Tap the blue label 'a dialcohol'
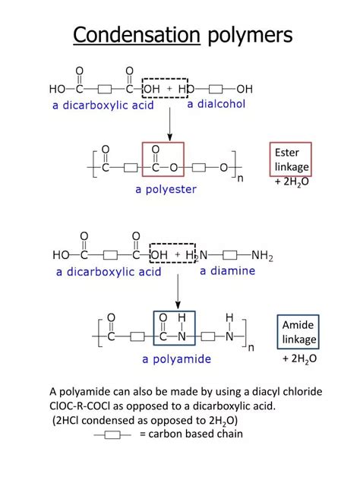click(216, 104)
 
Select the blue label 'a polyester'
click(166, 189)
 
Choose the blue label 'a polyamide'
click(175, 358)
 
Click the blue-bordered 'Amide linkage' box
click(298, 333)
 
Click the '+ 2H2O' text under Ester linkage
click(291, 182)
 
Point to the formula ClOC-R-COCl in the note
click(84, 406)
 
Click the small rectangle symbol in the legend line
click(113, 434)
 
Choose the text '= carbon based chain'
click(191, 434)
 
